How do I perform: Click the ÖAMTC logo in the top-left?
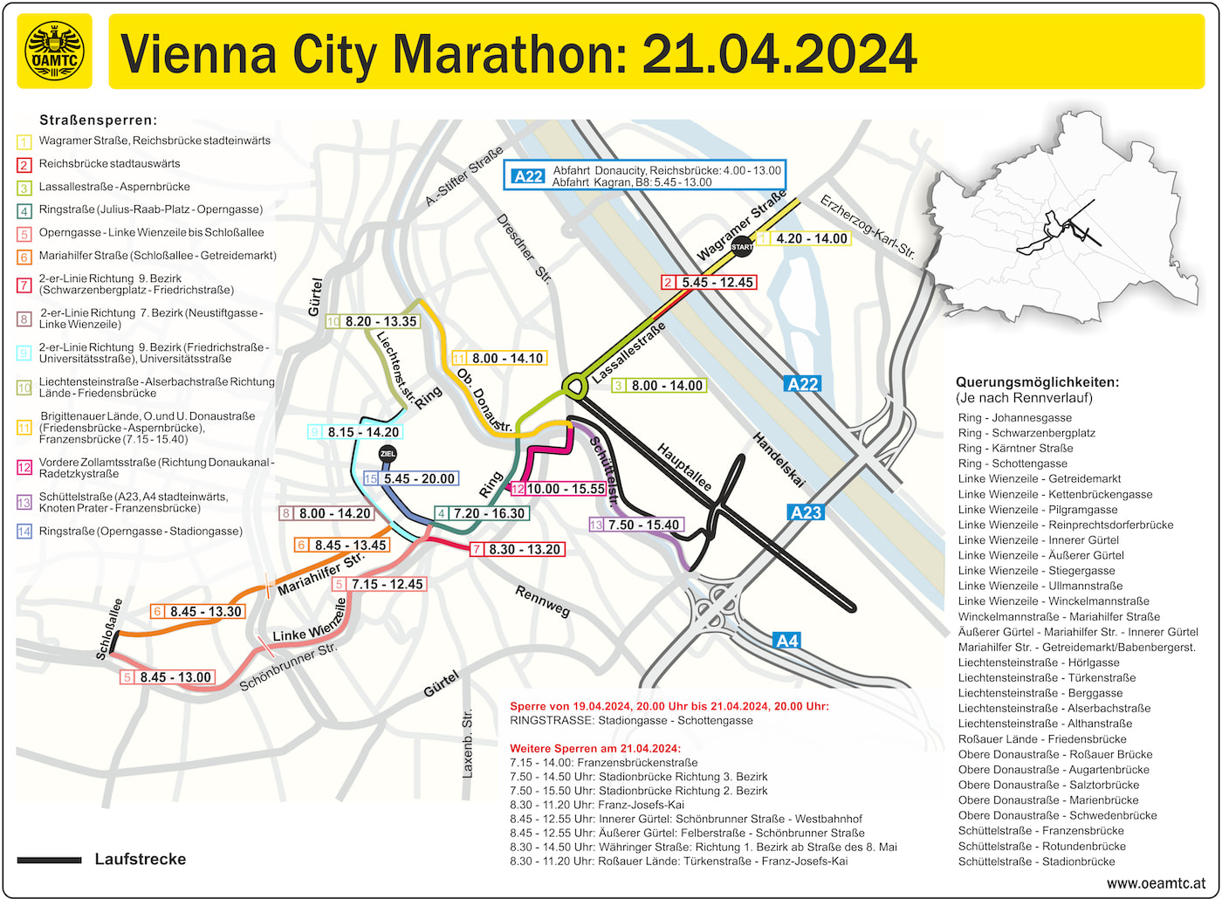click(x=54, y=51)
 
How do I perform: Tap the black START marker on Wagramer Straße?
click(x=741, y=246)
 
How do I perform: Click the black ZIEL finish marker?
click(x=388, y=454)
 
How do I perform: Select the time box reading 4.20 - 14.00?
click(x=811, y=238)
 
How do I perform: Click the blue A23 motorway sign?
click(x=806, y=512)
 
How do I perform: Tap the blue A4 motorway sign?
click(x=786, y=641)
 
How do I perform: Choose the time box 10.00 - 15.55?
click(x=566, y=489)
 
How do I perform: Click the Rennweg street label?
click(x=542, y=601)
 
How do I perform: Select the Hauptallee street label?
click(x=684, y=468)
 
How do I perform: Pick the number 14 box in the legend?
click(x=24, y=532)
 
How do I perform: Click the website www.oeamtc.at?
click(x=1156, y=883)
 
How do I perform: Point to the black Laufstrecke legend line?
click(x=49, y=861)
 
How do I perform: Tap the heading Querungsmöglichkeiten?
click(x=1037, y=382)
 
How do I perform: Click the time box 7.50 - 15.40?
click(x=644, y=525)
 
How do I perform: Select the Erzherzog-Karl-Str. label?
click(x=867, y=227)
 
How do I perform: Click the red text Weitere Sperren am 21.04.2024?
click(x=595, y=749)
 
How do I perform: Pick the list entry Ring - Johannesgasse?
click(x=1014, y=418)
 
